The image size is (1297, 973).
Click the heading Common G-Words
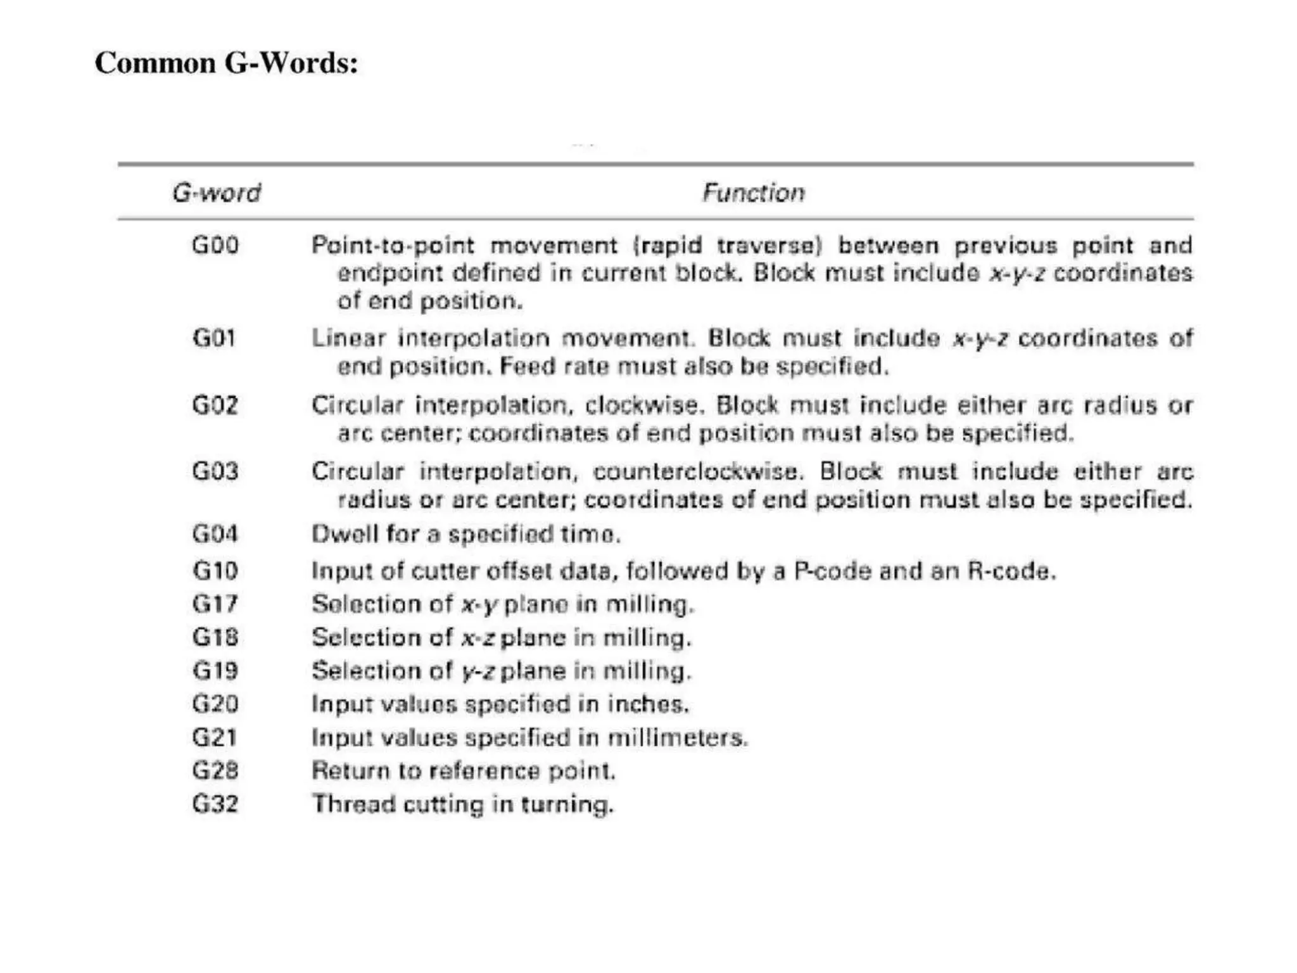tap(226, 63)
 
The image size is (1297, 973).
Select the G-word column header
tap(217, 193)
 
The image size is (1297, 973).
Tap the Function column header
tap(753, 193)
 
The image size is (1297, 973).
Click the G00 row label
tap(215, 245)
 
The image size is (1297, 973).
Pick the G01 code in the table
tap(214, 338)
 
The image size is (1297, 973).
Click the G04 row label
tap(215, 534)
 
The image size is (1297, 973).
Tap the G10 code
tap(215, 571)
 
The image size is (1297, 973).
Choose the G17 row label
tap(215, 604)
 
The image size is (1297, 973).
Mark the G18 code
tap(215, 637)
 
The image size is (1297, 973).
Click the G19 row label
tap(215, 671)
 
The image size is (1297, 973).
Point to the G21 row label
tap(215, 737)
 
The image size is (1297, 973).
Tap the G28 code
tap(215, 771)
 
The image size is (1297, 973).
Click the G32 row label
tap(215, 804)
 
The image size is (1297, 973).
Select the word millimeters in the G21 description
tap(677, 738)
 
